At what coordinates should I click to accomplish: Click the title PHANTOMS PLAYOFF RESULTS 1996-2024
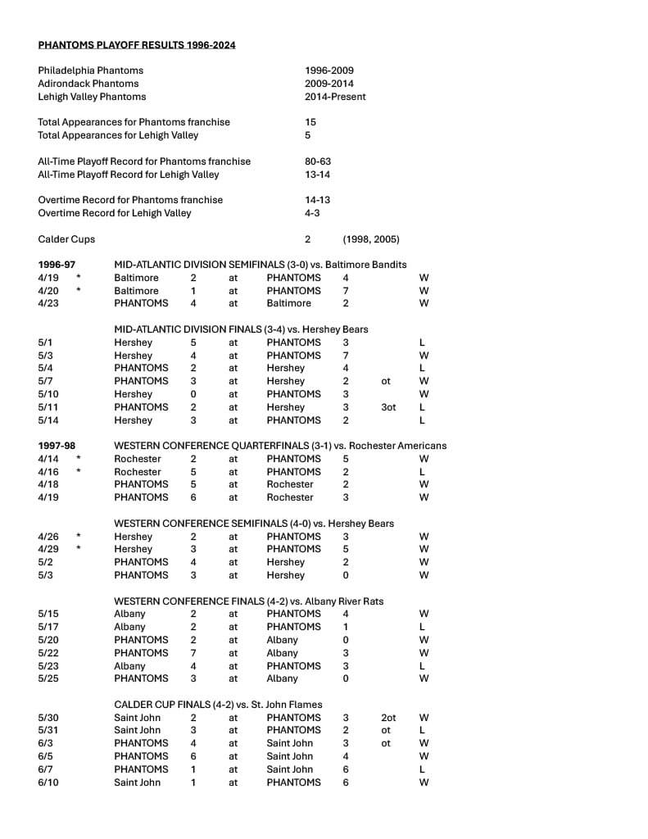point(136,45)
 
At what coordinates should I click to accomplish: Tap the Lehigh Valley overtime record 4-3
point(312,213)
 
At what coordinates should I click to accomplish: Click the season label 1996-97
point(57,265)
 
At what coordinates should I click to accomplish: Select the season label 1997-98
point(57,446)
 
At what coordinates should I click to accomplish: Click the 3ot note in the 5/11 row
point(388,407)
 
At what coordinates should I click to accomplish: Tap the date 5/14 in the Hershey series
point(48,420)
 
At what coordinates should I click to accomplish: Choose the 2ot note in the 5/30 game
point(388,718)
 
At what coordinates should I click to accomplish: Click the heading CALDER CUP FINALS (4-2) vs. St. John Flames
point(218,705)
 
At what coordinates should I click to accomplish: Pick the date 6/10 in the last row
point(48,782)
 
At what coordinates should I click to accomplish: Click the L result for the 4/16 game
point(422,472)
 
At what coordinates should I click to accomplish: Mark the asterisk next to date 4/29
point(79,549)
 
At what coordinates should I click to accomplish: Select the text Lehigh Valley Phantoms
point(92,97)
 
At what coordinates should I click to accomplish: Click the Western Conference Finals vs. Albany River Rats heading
point(248,601)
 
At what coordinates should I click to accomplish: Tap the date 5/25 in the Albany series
point(48,678)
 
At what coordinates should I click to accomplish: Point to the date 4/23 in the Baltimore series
point(48,303)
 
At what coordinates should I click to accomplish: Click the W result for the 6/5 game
point(424,756)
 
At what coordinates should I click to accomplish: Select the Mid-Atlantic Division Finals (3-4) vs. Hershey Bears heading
point(241,329)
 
